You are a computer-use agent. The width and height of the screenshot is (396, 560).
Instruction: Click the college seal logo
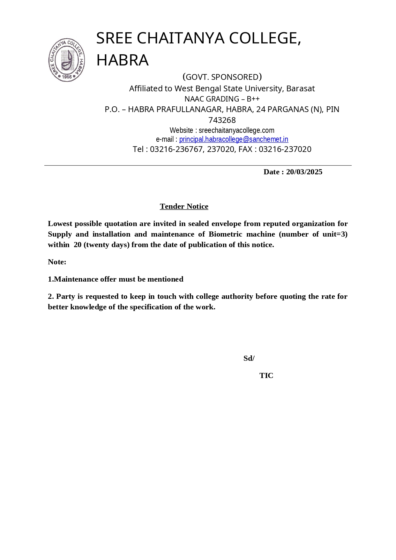[x=67, y=60]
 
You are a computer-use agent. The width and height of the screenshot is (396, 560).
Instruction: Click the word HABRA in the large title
[x=122, y=60]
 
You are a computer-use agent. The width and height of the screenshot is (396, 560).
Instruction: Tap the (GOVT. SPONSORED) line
[x=222, y=77]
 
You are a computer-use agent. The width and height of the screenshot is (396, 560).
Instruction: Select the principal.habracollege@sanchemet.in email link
[x=234, y=139]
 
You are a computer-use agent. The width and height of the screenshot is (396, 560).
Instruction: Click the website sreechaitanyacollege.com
[x=236, y=130]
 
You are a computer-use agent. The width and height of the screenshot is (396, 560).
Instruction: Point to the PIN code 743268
[x=222, y=120]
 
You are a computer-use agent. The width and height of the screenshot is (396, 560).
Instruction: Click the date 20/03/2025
[x=304, y=172]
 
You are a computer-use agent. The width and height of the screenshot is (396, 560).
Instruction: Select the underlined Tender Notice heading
[x=184, y=206]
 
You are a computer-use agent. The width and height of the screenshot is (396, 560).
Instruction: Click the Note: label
[x=57, y=262]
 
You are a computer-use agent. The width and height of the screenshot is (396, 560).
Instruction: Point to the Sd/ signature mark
[x=249, y=358]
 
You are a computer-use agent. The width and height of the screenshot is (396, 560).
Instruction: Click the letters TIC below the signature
[x=266, y=375]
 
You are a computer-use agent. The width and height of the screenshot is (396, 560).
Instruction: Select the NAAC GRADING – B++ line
[x=222, y=99]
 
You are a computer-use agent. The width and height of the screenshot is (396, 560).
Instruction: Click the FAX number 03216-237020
[x=285, y=149]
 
